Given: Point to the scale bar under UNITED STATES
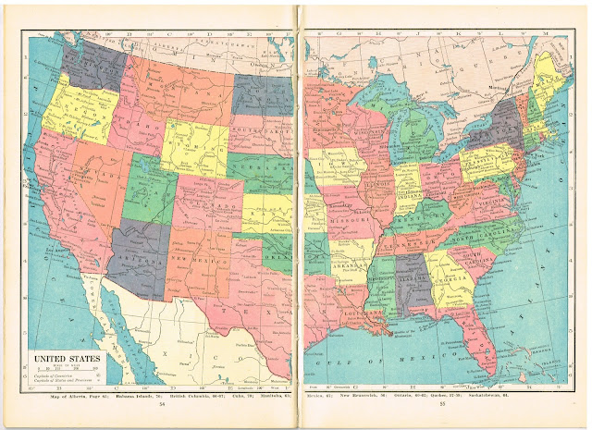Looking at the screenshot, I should point(66,372).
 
